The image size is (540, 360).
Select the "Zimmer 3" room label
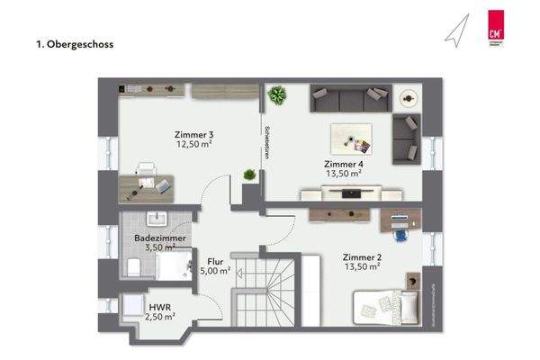point(193,136)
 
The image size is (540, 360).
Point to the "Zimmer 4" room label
point(344,163)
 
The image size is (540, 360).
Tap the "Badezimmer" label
point(160,238)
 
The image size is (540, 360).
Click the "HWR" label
point(159,307)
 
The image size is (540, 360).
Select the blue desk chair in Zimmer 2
point(400,232)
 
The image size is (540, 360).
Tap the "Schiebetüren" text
point(266,140)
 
